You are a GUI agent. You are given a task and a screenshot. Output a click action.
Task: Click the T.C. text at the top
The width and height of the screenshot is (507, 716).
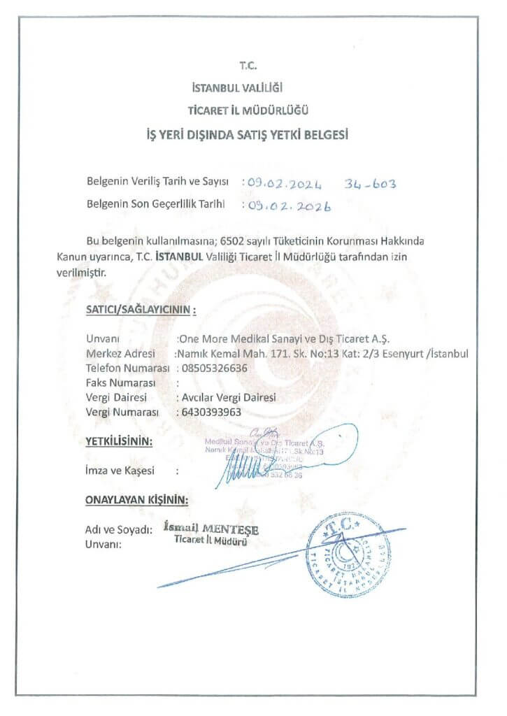coord(248,66)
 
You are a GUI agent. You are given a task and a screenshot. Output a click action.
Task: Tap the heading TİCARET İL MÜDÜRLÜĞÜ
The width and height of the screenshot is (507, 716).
coord(248,110)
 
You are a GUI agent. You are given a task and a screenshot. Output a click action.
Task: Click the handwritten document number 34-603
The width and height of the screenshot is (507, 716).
coord(371,184)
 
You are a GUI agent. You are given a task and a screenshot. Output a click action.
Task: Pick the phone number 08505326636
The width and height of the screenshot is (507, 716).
coord(214,368)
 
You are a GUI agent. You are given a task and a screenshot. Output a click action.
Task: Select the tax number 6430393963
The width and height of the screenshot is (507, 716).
coord(210,412)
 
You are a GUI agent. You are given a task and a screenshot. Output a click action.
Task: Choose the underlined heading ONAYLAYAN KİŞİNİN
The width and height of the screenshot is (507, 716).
coord(137,500)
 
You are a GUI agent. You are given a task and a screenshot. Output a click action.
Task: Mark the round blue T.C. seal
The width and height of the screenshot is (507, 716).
coord(341,555)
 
